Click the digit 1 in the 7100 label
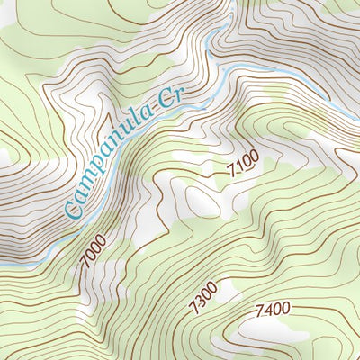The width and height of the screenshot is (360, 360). [238, 168]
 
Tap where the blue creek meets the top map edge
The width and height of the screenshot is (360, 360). [236, 2]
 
